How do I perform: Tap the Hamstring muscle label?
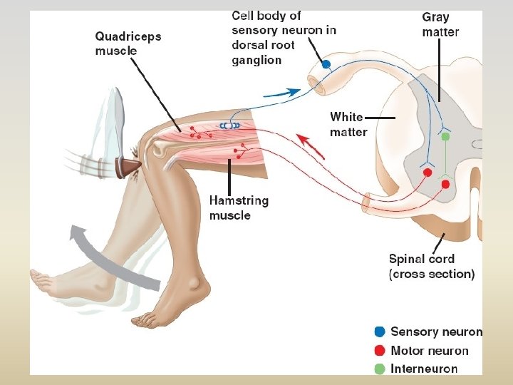[239, 207]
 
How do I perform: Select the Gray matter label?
[440, 24]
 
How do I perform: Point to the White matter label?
[348, 124]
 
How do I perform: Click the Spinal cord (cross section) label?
[431, 266]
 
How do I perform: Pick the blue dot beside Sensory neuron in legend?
[380, 332]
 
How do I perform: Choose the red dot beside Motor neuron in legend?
[380, 350]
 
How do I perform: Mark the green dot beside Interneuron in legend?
[380, 369]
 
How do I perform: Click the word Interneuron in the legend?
[424, 369]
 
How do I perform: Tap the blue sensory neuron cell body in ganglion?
[326, 64]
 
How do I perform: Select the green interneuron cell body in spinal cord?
[445, 136]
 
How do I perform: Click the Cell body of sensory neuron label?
[284, 37]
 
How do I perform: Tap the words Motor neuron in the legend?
[430, 350]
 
